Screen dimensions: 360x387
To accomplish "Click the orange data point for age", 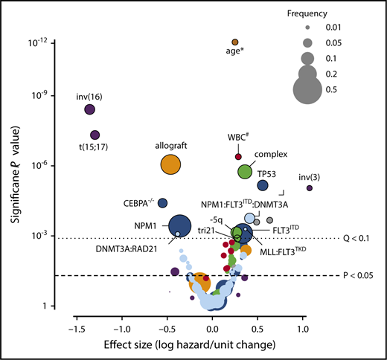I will (234, 42).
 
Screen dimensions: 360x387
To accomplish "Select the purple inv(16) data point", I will (89, 109).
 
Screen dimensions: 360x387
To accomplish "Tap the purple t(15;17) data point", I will (95, 135).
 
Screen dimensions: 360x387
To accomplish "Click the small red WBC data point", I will (238, 156).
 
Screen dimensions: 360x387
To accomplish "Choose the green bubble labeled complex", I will (245, 171).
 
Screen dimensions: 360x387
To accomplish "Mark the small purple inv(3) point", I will (309, 188).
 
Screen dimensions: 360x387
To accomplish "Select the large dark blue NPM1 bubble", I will (180, 225).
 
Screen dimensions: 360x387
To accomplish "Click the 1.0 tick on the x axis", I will (303, 328).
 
